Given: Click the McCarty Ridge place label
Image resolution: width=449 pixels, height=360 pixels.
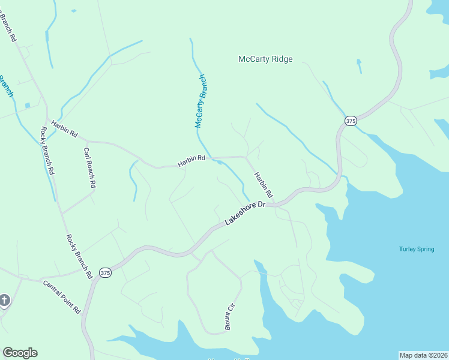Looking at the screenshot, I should [265, 59].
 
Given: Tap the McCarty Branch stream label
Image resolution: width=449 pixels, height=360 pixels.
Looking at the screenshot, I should [202, 101].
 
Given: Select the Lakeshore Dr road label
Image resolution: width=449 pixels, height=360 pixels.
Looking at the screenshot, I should [245, 214].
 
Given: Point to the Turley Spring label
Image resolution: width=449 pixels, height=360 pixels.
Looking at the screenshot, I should [415, 249].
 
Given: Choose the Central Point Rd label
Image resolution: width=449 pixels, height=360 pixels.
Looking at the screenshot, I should [61, 296].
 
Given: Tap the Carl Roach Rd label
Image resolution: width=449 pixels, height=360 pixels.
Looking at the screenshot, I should [89, 169].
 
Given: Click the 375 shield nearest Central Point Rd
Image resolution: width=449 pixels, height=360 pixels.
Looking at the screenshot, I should [105, 272].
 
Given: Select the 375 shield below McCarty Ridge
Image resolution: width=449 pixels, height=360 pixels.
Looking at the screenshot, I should [351, 121].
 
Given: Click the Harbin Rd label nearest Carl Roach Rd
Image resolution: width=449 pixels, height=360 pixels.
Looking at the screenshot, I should [65, 128].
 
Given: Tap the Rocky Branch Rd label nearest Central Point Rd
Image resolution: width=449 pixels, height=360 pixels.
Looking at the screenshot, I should [79, 256].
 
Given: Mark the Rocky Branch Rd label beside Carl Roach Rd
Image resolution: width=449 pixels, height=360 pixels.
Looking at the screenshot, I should [47, 151].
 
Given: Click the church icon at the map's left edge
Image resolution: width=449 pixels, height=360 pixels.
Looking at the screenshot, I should [4, 300].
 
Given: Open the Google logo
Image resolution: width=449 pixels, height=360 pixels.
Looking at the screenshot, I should [20, 353].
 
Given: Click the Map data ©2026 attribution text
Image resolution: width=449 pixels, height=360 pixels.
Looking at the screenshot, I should [423, 355].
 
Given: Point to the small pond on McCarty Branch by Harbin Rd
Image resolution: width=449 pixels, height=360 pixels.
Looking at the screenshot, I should [220, 162].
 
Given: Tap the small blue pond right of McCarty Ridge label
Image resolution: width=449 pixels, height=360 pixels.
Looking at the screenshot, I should [359, 61].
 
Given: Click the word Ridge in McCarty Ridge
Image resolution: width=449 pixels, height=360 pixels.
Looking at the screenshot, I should [281, 59].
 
